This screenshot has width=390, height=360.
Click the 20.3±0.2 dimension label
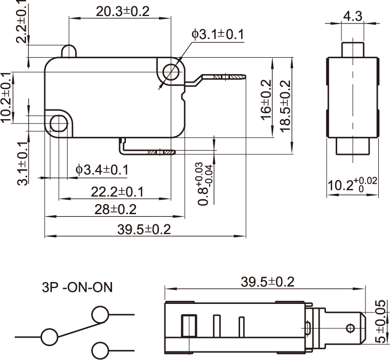123,11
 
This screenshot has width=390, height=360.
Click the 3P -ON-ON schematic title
77,288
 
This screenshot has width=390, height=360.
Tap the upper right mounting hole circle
171,72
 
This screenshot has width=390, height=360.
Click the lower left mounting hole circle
58,124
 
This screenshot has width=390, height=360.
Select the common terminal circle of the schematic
49,336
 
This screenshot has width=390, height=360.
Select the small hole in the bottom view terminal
351,327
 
